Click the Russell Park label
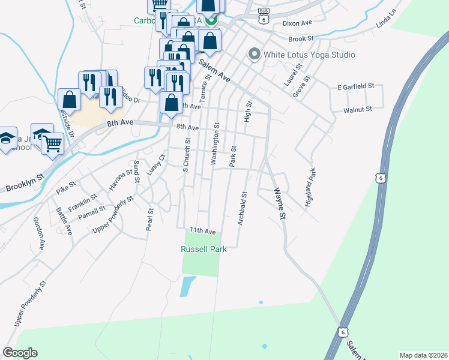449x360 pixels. (203, 249)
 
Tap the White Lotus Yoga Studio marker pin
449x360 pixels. (254, 55)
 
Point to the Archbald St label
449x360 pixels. (243, 208)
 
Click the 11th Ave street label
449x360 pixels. (202, 230)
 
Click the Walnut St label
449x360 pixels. (358, 110)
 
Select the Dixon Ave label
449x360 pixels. (298, 23)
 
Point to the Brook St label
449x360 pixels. (301, 38)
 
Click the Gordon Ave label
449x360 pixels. (39, 233)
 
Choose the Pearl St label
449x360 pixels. (151, 220)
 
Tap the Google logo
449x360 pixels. (20, 353)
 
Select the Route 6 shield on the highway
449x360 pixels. (379, 178)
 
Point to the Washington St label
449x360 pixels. (214, 144)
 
